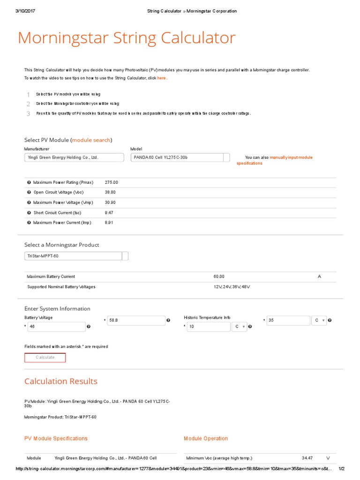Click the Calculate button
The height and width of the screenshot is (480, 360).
click(x=45, y=358)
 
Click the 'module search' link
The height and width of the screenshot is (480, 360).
click(x=91, y=140)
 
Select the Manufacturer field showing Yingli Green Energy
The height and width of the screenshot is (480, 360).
click(x=74, y=158)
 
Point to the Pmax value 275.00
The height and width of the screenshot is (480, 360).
click(x=112, y=182)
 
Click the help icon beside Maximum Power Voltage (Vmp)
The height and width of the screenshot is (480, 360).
click(x=29, y=202)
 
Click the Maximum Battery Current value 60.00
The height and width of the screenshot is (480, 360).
click(x=219, y=277)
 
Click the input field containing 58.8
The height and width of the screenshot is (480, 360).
click(x=135, y=321)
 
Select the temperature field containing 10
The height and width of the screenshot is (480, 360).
click(x=208, y=327)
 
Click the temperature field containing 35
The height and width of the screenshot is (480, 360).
click(x=288, y=321)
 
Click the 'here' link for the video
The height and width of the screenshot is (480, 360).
click(x=161, y=78)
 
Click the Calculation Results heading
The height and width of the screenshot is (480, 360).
click(x=61, y=382)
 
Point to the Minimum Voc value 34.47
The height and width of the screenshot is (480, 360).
click(x=307, y=458)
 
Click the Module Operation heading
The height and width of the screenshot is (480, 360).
click(x=206, y=439)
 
